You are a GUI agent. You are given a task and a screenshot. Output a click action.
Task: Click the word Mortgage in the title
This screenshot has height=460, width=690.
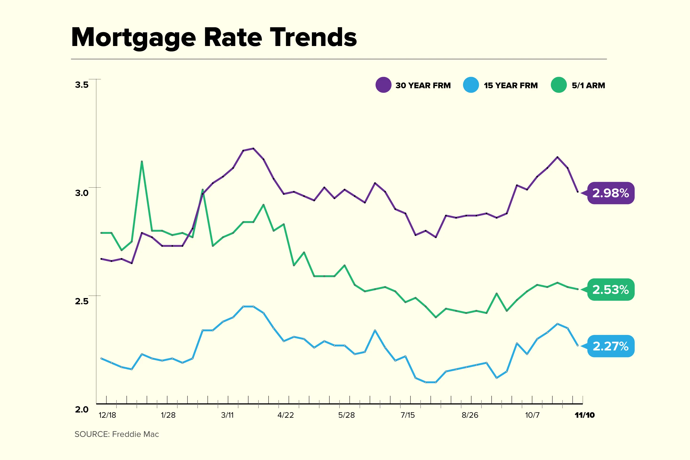(x=133, y=38)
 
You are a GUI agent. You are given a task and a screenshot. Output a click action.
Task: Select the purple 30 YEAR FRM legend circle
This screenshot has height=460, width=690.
(x=383, y=85)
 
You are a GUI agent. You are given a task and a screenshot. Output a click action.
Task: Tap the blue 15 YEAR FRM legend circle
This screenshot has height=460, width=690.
(x=471, y=85)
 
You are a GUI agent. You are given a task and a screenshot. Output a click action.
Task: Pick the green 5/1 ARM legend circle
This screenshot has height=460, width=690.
(x=558, y=85)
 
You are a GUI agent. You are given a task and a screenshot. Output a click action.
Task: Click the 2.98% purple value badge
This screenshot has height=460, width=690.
(x=610, y=193)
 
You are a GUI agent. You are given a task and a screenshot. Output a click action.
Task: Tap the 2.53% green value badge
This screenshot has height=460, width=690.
(x=610, y=290)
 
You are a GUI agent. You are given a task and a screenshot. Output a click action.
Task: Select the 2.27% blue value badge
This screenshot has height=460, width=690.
(x=610, y=346)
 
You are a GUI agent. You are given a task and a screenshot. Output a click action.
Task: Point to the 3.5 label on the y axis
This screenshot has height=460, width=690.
(x=81, y=85)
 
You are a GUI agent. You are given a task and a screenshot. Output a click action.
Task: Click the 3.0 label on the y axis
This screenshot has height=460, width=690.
(x=81, y=193)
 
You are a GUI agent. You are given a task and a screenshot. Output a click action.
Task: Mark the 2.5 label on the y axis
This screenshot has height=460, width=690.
(x=81, y=301)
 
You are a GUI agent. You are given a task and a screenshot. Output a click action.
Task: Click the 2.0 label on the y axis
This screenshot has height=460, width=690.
(x=81, y=409)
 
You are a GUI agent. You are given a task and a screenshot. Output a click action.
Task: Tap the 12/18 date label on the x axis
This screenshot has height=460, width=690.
(x=107, y=415)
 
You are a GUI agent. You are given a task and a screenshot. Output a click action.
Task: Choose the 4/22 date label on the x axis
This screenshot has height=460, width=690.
(x=285, y=415)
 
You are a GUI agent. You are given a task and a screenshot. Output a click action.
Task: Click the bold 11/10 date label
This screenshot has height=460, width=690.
(x=584, y=415)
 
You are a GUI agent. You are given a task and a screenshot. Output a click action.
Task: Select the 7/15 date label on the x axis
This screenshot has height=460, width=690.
(x=408, y=415)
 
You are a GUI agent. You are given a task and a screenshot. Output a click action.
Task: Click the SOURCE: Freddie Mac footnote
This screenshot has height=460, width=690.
(x=117, y=434)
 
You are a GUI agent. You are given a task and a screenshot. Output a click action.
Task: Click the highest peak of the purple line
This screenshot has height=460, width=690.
(x=253, y=149)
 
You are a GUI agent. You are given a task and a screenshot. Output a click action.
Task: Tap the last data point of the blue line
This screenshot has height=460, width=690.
(x=578, y=345)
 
